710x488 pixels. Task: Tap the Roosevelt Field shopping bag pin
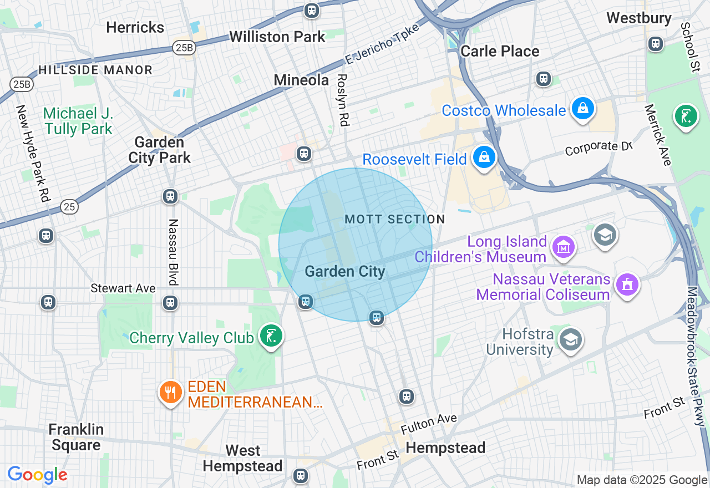point(484,157)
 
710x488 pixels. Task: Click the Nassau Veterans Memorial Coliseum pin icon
point(627,285)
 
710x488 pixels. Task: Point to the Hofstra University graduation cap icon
point(570,339)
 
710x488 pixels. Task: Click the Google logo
point(37,475)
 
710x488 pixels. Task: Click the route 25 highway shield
point(70,207)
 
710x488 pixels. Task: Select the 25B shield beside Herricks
point(183,48)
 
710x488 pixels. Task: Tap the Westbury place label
point(638,18)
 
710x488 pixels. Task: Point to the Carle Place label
point(500,51)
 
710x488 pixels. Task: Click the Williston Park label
point(277,37)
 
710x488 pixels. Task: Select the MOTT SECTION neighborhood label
point(394,220)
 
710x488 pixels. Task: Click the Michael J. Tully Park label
point(78,121)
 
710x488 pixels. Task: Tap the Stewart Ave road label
point(123,288)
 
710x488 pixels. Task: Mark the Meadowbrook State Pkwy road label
point(695,356)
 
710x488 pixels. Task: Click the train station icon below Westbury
point(656,43)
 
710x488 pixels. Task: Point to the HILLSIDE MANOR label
point(95,70)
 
